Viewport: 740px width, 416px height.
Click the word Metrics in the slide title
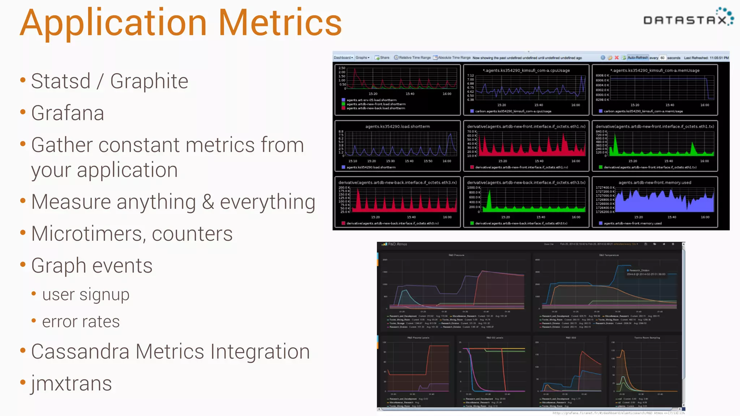[x=280, y=23]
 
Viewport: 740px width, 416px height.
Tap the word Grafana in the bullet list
[x=68, y=113]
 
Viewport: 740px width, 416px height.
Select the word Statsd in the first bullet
[x=61, y=81]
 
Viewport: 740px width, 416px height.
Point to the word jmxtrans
[x=71, y=383]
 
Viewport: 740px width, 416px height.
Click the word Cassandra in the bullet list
[x=80, y=352]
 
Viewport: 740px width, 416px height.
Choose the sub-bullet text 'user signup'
[x=86, y=295]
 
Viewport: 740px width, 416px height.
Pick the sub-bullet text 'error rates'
[x=81, y=322]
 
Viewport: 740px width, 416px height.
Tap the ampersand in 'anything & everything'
[x=208, y=202]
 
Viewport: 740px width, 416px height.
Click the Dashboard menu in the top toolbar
[x=343, y=58]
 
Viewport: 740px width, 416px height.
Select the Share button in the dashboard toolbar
[x=382, y=58]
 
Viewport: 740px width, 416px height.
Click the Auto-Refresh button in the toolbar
[x=637, y=58]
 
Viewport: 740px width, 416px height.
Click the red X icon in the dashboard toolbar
[x=617, y=58]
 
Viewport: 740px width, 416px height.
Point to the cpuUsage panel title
[x=526, y=70]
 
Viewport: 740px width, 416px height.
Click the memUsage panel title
[x=655, y=70]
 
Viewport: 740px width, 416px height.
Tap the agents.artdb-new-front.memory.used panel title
[x=655, y=183]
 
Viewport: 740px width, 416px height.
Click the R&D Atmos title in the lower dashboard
[x=397, y=244]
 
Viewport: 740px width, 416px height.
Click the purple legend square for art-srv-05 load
[x=343, y=100]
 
